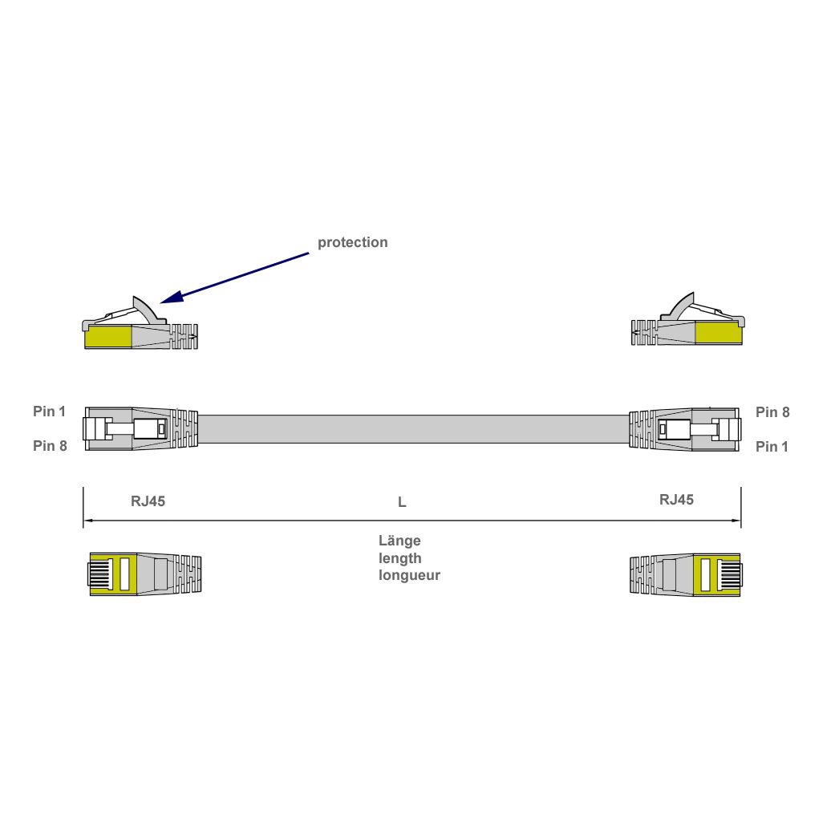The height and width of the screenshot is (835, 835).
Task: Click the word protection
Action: coord(352,242)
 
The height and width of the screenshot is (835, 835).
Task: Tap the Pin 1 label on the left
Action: coord(49,411)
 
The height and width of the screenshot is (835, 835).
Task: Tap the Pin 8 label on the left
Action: coord(50,446)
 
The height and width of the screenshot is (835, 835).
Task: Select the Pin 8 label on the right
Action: coord(772,412)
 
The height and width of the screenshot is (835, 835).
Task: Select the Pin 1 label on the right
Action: coord(772,447)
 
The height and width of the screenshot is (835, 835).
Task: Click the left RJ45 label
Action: coord(148,501)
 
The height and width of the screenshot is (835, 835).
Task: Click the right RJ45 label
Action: coord(676,500)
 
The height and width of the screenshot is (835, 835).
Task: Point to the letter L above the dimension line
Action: coord(402,503)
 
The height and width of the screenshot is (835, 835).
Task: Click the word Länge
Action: coord(399,541)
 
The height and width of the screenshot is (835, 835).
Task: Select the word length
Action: coord(399,557)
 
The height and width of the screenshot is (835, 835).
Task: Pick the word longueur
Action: coord(409,575)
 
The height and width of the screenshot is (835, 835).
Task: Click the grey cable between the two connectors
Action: coord(412,429)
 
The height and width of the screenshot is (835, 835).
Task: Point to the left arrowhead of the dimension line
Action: coord(87,521)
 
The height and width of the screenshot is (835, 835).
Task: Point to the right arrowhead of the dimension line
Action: coord(736,521)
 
